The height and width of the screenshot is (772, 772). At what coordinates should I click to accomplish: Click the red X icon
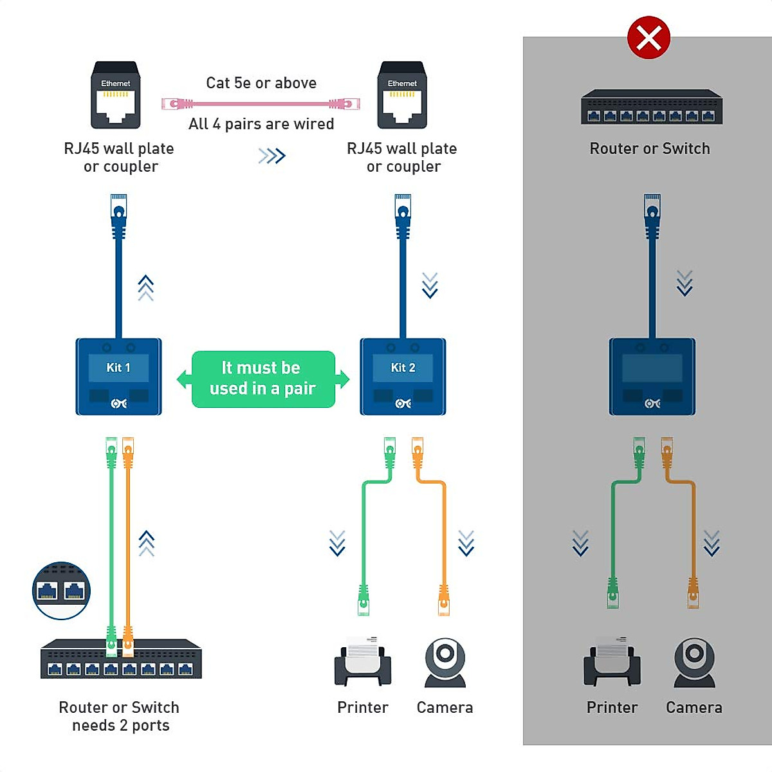pos(648,38)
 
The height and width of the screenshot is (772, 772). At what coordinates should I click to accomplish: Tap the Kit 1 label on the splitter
pos(118,367)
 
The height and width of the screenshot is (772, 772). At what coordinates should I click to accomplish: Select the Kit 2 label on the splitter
pos(403,367)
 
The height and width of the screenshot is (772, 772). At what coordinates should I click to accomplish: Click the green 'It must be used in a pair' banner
pos(263,379)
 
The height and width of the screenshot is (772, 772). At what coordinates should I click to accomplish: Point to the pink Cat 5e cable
pos(261,104)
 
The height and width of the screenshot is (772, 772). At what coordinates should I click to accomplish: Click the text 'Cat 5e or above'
pos(261,83)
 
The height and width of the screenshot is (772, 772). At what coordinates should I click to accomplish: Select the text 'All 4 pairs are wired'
pos(261,124)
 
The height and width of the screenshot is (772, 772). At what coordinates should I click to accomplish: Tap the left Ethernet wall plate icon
pos(116,95)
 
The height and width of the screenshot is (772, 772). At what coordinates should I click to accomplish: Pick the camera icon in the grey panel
pos(694,662)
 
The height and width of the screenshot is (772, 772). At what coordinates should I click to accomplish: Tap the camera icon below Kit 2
pos(445,662)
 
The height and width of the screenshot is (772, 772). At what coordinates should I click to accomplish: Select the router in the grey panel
pos(651,107)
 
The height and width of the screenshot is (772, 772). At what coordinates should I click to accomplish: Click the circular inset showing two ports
pos(61,591)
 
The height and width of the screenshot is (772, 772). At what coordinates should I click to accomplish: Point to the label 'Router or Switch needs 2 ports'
pos(120,716)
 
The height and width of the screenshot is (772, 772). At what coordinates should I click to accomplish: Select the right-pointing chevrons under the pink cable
pos(271,156)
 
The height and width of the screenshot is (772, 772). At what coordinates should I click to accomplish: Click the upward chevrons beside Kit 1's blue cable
pos(146,288)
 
